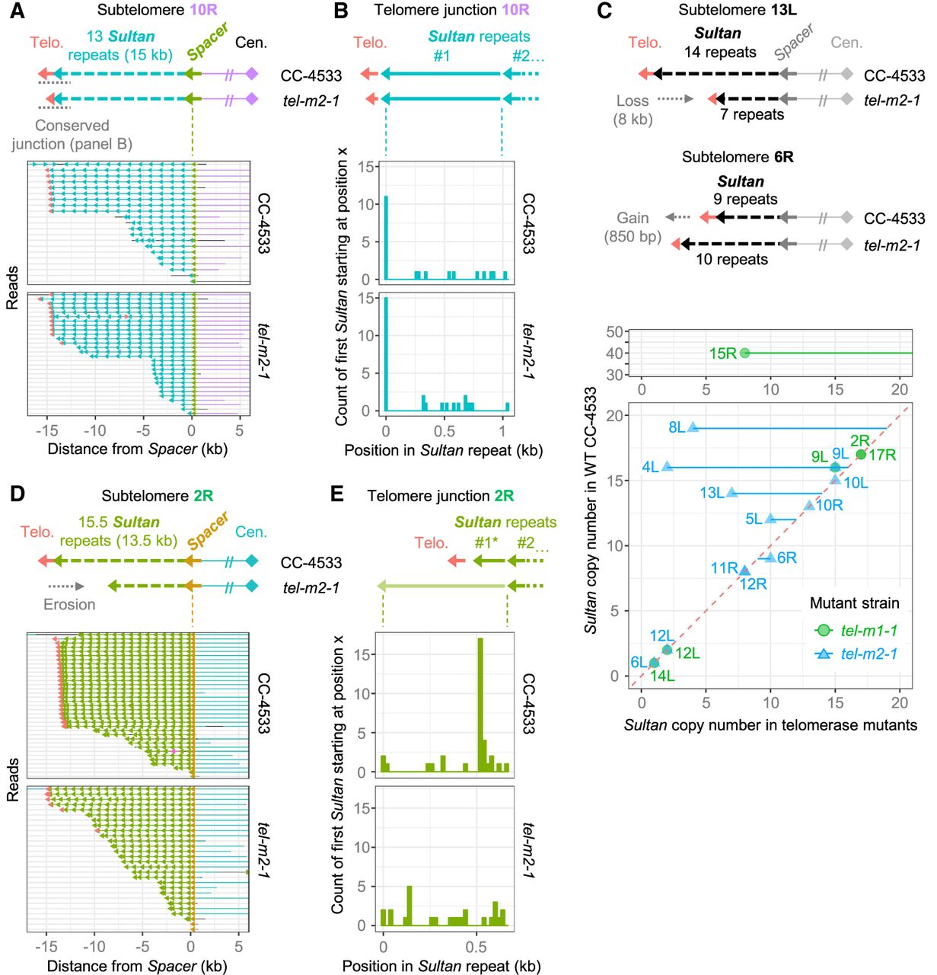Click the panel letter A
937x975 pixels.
(x=17, y=11)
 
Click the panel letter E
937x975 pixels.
(x=336, y=495)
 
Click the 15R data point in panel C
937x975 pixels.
(x=744, y=353)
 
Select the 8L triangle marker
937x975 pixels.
(x=693, y=427)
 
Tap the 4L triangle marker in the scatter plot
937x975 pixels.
(x=667, y=466)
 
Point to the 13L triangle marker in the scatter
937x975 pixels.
(x=731, y=492)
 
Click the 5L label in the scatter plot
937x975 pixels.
(x=754, y=519)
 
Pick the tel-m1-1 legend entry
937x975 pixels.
(x=856, y=630)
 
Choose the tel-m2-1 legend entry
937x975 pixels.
(x=856, y=654)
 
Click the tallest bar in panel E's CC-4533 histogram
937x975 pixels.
(x=480, y=705)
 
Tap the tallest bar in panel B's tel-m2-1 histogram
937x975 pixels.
(x=386, y=354)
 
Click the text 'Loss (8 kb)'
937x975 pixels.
(x=633, y=110)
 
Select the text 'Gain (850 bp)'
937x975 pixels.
(x=633, y=227)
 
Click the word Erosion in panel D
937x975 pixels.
(x=69, y=604)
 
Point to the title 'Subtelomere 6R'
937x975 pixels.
(x=738, y=157)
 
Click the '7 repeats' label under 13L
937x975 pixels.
(x=752, y=114)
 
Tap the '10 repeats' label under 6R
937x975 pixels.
(x=731, y=259)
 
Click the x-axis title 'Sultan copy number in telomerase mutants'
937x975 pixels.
(x=770, y=725)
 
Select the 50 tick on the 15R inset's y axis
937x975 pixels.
(x=616, y=331)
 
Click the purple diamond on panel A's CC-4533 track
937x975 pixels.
(x=251, y=74)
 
